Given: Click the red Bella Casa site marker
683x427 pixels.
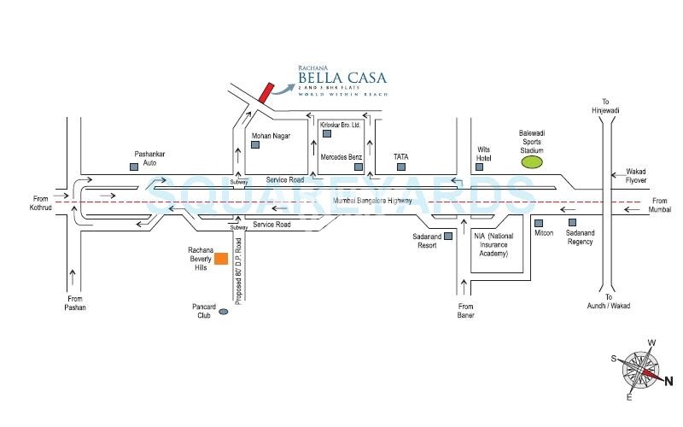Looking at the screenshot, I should click(266, 92).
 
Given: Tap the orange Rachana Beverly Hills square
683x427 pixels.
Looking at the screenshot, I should click(220, 259).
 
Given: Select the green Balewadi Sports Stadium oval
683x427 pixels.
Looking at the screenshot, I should click(532, 161).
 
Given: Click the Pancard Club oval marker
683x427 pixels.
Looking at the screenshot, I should click(224, 313).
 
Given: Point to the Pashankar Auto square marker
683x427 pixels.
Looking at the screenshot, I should click(133, 167).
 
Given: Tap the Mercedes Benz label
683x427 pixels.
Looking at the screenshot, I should click(341, 158).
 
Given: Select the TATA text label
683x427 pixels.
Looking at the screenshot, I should click(401, 157).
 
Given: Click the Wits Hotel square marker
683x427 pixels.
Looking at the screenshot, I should click(482, 166).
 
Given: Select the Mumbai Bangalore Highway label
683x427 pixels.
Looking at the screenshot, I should click(372, 201).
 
